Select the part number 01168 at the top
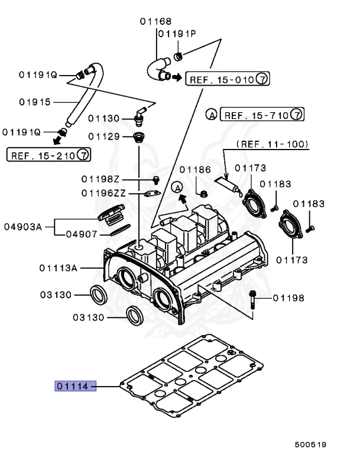155,22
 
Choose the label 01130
104,119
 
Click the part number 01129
104,137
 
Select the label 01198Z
100,179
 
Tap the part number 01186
195,169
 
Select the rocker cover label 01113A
59,267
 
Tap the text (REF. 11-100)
272,144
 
